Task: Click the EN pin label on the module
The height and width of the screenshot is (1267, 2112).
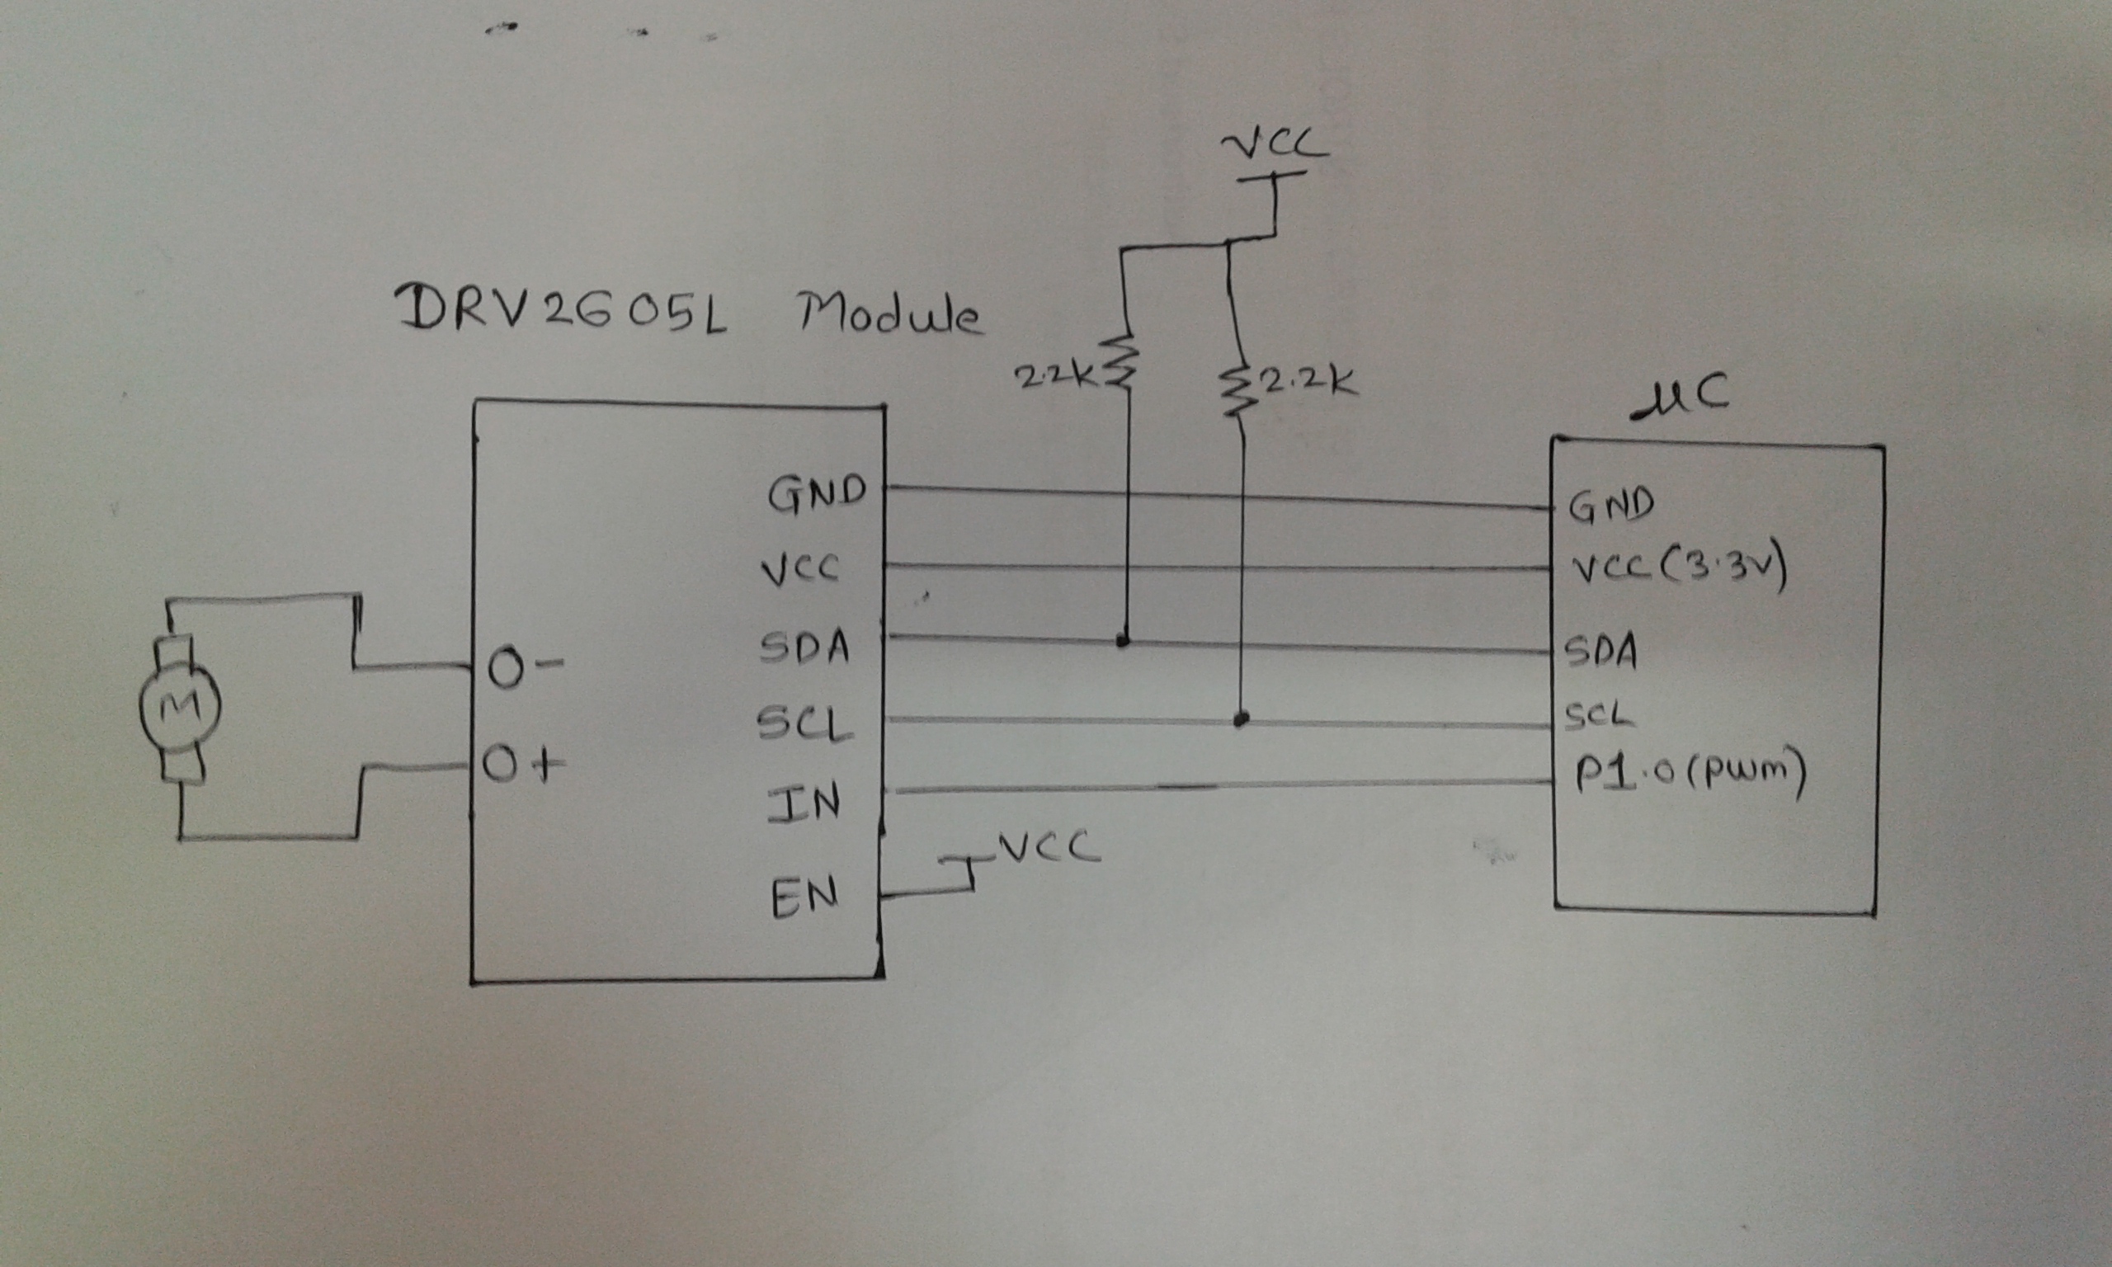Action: [804, 897]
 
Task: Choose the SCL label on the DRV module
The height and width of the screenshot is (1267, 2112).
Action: [804, 725]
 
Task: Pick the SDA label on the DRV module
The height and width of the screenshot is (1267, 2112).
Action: [804, 648]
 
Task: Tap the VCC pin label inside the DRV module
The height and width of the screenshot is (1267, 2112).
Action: [800, 569]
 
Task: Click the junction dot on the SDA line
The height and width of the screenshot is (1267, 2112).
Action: [1124, 640]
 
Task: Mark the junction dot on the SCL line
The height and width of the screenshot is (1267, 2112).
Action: [1242, 719]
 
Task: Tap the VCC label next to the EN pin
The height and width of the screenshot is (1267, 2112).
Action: [1048, 848]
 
